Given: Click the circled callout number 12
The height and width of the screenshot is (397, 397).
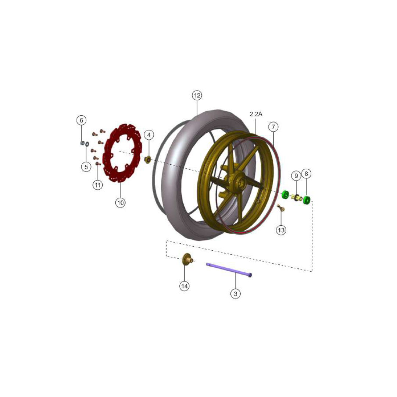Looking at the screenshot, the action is pyautogui.click(x=197, y=96).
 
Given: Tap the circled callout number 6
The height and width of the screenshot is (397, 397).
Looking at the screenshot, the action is pyautogui.click(x=81, y=120).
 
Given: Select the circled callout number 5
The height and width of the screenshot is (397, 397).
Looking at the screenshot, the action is pyautogui.click(x=86, y=167).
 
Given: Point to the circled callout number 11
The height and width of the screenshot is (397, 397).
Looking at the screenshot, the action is pyautogui.click(x=97, y=185).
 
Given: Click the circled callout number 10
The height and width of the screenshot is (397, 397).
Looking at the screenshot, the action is pyautogui.click(x=120, y=203).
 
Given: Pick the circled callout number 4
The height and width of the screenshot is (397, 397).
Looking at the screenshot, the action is pyautogui.click(x=149, y=135).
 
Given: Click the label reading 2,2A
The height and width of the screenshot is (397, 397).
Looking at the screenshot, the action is pyautogui.click(x=256, y=114).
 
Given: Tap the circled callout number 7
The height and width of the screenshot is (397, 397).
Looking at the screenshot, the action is pyautogui.click(x=273, y=126).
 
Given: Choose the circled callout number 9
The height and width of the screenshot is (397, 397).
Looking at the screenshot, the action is pyautogui.click(x=296, y=175).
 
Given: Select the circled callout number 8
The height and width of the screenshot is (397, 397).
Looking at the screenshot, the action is pyautogui.click(x=306, y=174).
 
